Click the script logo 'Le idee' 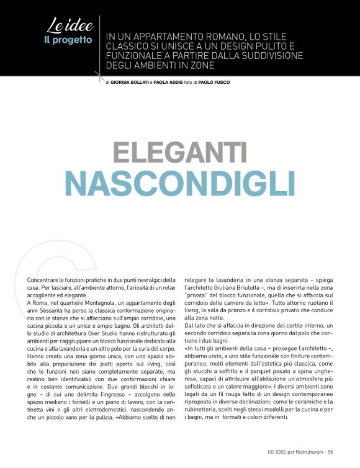70,25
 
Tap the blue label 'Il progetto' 68,40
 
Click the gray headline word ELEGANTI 179,153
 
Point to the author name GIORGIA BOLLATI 133,81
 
